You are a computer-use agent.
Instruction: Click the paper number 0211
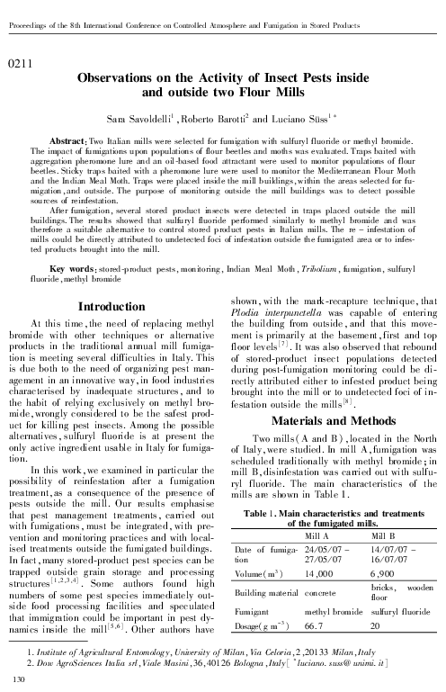pyautogui.click(x=19, y=63)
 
